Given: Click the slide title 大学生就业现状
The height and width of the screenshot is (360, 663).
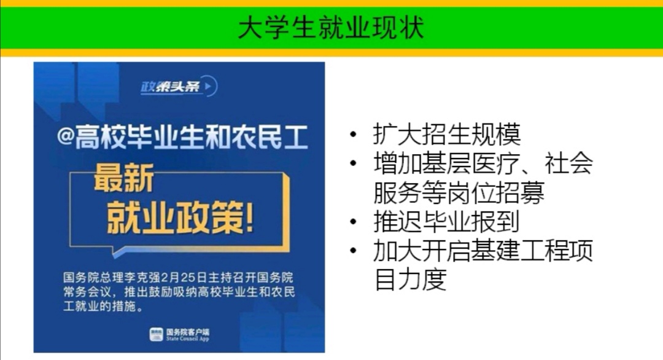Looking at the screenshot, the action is pos(331,28).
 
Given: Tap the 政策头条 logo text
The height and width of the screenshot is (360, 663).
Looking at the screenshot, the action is pos(170,87).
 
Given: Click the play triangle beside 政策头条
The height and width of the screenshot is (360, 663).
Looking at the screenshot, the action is pos(208,86).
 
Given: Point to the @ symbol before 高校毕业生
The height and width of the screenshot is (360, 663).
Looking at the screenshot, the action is pos(66,138).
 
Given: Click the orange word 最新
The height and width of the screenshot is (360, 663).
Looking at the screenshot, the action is pos(124,179).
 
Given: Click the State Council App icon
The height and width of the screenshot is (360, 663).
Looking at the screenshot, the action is pos(156,334).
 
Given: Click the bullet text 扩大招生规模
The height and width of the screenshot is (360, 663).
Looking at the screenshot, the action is pos(447,135).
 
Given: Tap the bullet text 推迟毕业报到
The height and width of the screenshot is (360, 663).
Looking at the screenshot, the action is pos(446,221).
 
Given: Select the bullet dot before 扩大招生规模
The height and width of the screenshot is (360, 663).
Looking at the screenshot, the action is pos(354,135).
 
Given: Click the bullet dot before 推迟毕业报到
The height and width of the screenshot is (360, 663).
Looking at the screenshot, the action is pos(354,222).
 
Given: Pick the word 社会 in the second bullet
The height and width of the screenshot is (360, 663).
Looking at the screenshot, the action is pos(568,163).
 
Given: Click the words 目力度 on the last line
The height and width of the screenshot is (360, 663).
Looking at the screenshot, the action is pos(411,279).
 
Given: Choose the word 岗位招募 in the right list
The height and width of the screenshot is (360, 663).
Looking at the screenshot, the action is pos(496,192).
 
